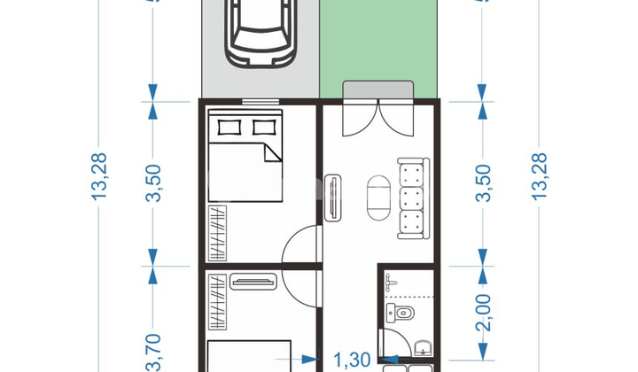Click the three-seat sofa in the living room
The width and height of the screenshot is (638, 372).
point(413,198)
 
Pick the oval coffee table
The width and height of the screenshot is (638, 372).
point(377,196)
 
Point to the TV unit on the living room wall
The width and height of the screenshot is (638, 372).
point(333,198)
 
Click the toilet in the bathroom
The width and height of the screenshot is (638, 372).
point(403,313)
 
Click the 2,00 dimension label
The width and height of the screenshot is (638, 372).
point(483,312)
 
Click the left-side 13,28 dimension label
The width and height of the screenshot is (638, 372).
point(98,176)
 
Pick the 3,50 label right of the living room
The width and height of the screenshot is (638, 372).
point(483,182)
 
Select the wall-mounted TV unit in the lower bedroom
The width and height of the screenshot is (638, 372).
point(253,282)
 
